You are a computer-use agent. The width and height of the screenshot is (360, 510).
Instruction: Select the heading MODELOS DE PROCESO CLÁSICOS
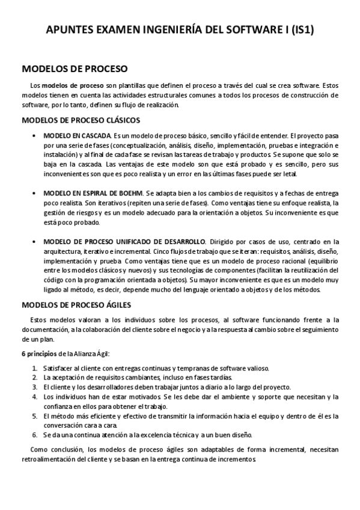tap(81, 120)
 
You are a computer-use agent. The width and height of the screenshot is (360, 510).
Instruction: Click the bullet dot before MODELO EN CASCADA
tap(37, 136)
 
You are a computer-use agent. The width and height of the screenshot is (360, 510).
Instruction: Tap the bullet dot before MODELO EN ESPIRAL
tap(37, 193)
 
